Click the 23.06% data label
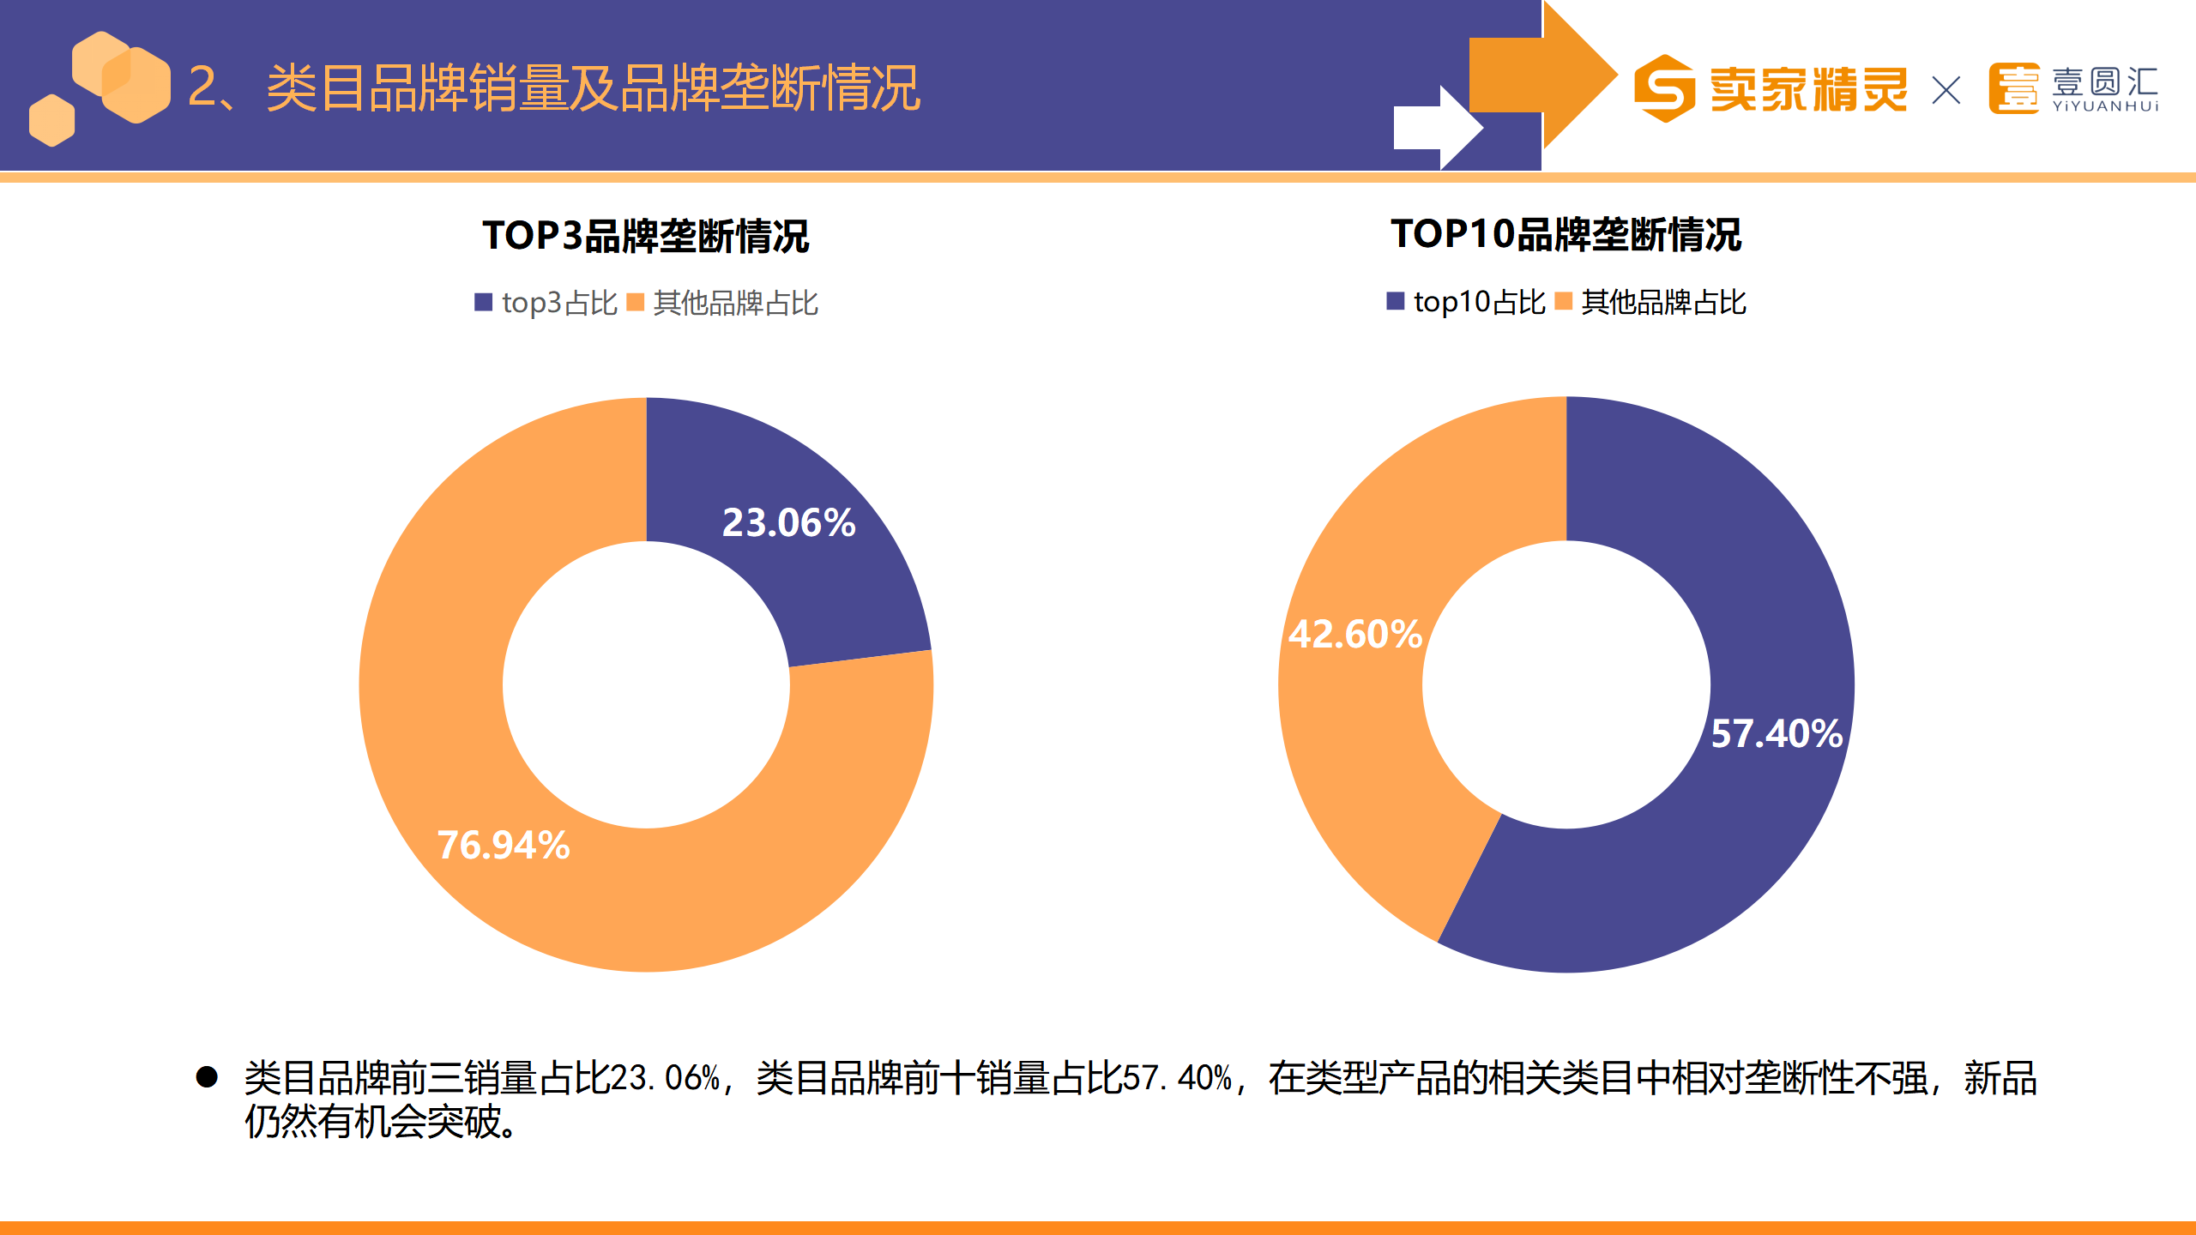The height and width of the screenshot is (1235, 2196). [788, 523]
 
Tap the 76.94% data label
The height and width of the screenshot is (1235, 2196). [504, 846]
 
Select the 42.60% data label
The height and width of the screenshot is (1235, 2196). [1355, 635]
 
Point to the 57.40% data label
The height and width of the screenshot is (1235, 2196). [1777, 734]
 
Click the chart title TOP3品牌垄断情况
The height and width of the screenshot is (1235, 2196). [645, 236]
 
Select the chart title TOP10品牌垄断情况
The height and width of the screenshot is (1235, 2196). [1566, 234]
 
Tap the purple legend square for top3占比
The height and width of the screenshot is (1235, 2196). [483, 302]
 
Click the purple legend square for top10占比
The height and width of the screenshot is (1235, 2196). [1395, 301]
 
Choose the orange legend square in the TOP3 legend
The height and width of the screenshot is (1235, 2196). [635, 302]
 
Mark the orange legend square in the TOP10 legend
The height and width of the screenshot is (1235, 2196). [1563, 301]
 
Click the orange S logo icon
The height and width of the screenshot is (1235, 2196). [1664, 88]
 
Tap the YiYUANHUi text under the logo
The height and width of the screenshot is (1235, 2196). [2105, 106]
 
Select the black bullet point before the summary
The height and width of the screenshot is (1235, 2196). [207, 1076]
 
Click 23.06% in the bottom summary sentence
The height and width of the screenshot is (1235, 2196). [665, 1078]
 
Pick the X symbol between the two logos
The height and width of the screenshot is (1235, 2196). [1946, 90]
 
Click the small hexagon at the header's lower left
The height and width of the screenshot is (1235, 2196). [51, 120]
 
